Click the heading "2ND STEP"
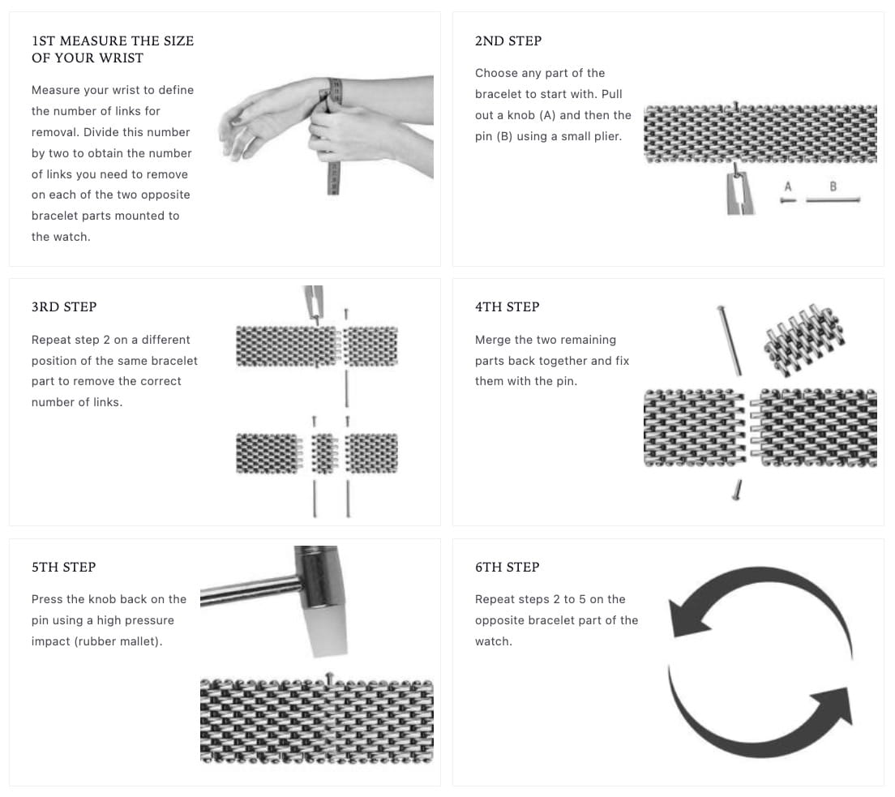point(507,41)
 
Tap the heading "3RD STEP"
point(63,306)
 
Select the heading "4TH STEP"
point(507,306)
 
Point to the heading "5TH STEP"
point(63,567)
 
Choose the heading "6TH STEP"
point(507,567)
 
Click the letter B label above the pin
point(833,186)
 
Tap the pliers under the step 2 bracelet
point(739,193)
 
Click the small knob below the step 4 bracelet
point(739,489)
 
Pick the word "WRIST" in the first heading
point(121,58)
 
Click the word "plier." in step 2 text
point(604,136)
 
